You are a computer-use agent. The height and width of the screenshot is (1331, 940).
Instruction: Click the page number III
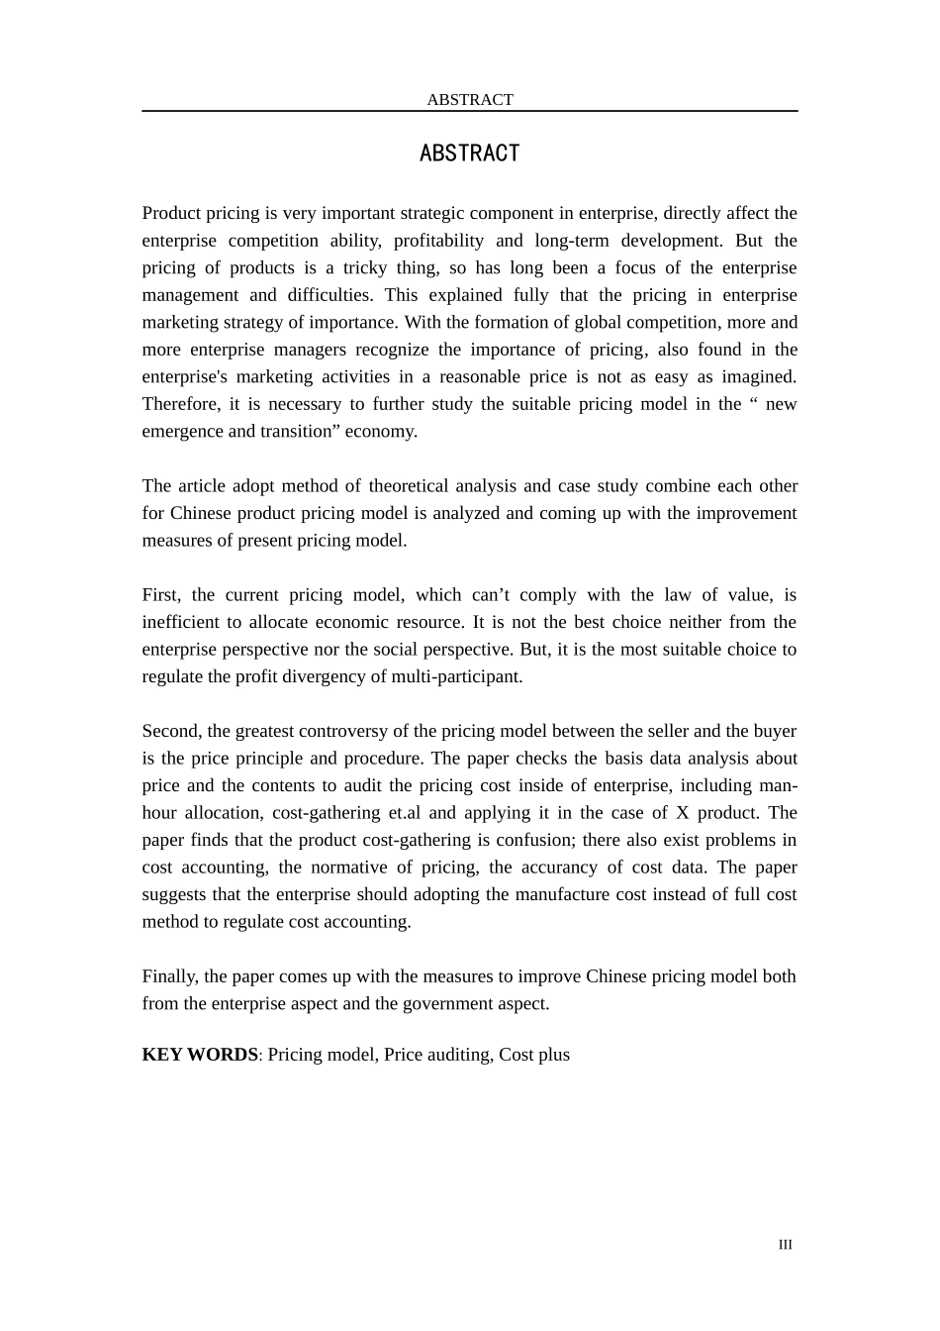pos(785,1245)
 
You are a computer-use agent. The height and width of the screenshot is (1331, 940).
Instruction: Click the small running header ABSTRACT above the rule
pos(470,99)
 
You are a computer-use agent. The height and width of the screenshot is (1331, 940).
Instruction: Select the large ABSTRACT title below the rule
pos(469,154)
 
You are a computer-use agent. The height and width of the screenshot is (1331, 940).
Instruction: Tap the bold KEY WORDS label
pos(200,1054)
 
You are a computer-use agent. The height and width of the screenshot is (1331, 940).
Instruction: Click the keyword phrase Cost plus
pos(534,1054)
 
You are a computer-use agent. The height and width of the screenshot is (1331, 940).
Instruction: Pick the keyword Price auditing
pos(437,1054)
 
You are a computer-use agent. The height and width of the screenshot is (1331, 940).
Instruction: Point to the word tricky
pos(365,267)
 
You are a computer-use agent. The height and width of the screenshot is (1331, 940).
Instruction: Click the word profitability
pos(437,241)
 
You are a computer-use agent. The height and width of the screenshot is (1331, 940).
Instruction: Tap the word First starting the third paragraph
pos(160,594)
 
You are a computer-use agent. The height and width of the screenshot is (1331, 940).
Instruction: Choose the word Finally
pos(171,975)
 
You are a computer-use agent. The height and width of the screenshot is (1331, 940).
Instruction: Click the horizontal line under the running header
pos(470,111)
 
